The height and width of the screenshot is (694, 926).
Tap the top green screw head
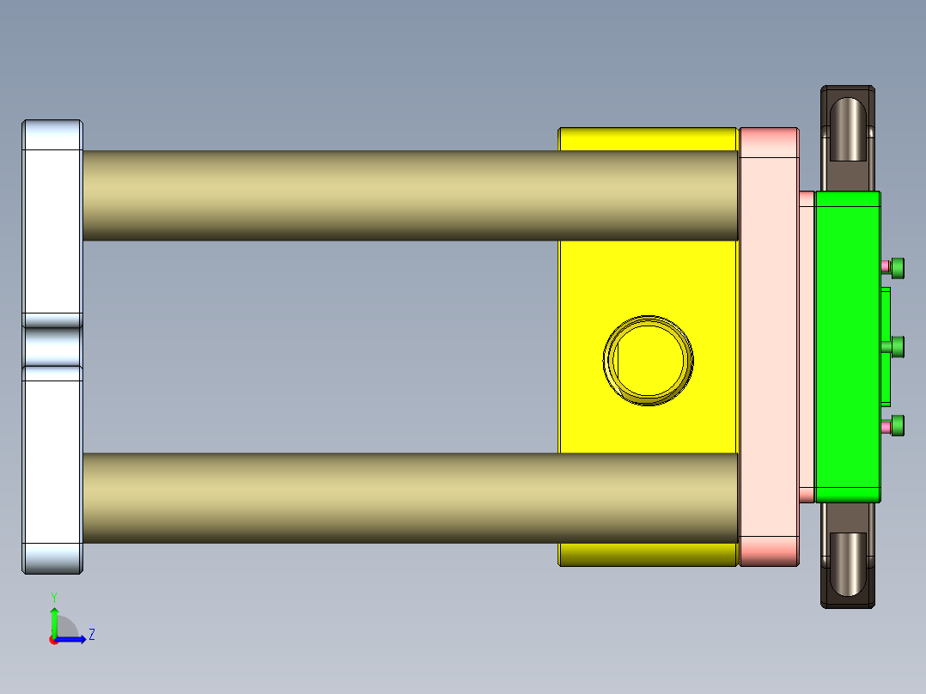898,267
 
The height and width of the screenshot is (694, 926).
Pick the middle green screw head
898,346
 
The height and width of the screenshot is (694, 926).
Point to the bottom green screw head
898,425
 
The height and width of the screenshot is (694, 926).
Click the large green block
847,346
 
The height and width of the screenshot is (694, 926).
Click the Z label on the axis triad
91,635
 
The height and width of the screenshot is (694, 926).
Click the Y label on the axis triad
53,597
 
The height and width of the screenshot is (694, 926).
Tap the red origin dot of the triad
53,640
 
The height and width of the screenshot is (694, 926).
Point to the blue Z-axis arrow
73,639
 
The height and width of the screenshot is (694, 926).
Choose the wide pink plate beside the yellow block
769,346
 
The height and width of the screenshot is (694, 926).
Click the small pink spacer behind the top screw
886,267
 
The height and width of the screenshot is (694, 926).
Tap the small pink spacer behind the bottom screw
886,426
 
